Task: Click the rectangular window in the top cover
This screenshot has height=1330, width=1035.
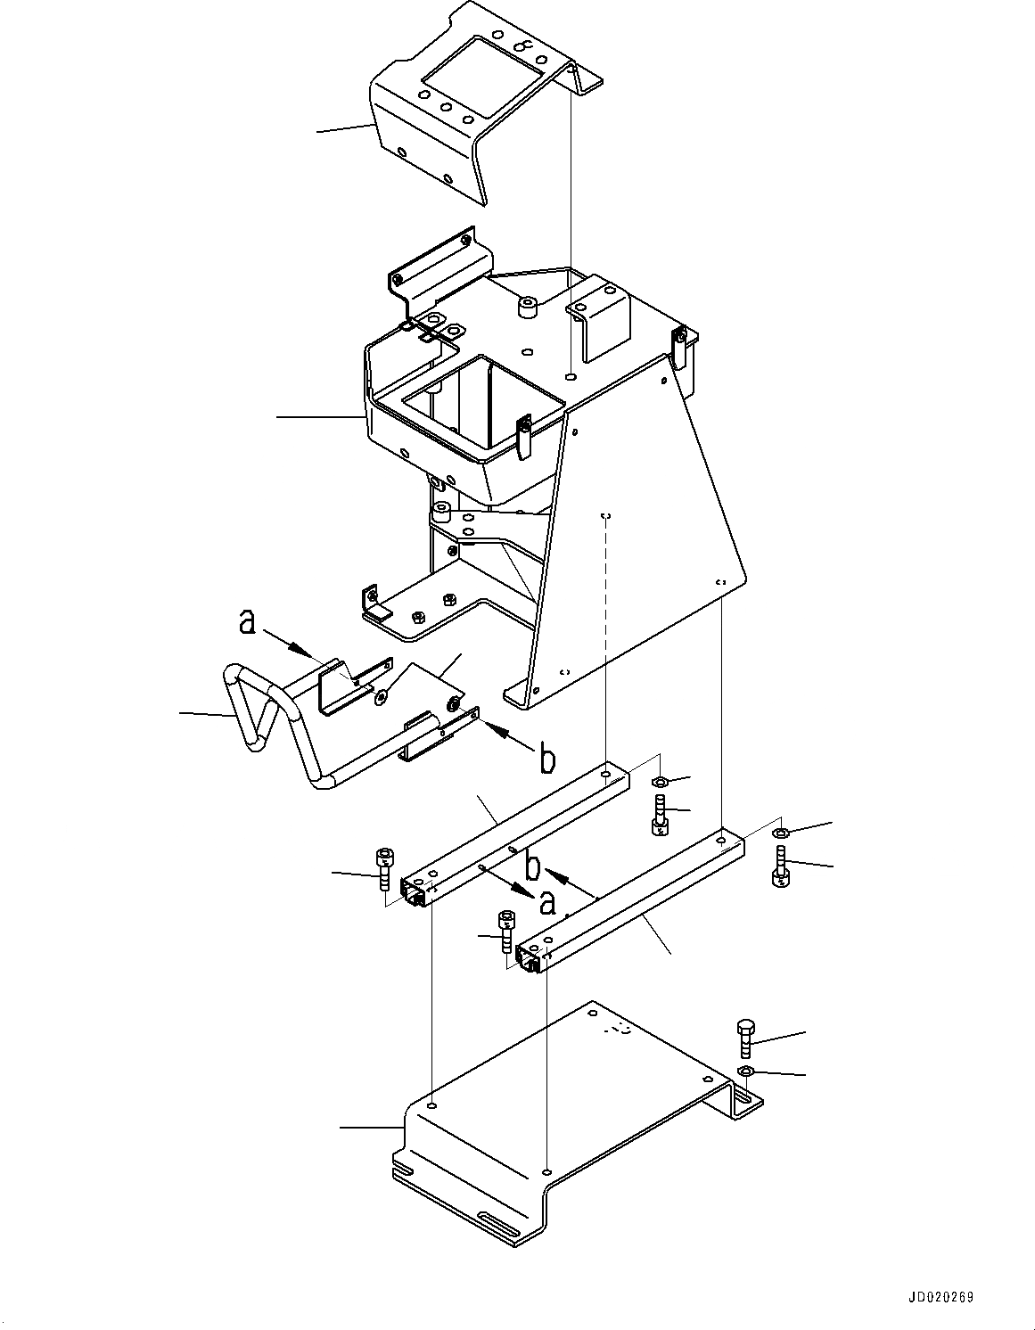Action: (x=481, y=77)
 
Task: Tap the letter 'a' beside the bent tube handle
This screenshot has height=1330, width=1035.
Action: (x=248, y=622)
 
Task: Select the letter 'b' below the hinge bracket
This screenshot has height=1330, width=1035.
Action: (x=547, y=759)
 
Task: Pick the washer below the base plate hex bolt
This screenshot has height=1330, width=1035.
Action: (x=746, y=1071)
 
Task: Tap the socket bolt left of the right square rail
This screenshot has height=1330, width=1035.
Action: (x=506, y=930)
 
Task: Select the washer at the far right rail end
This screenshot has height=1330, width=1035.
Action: (x=779, y=833)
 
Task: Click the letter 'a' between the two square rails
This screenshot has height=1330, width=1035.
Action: (x=547, y=904)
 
